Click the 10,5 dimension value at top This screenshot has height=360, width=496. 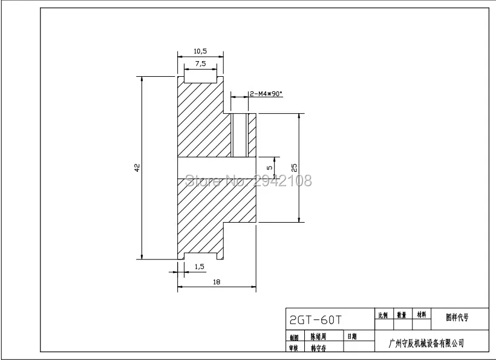click(200, 51)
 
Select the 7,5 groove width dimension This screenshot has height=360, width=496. click(200, 64)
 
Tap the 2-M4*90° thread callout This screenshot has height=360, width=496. click(266, 94)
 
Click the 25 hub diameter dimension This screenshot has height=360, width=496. click(294, 168)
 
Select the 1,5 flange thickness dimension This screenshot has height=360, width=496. click(199, 266)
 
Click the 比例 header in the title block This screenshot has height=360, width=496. click(383, 315)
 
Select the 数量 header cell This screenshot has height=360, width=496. click(402, 315)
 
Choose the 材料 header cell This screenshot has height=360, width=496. click(421, 315)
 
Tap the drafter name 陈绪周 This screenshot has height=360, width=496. click(319, 336)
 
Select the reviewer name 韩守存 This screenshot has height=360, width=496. click(319, 347)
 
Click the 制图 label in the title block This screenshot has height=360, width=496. click(294, 337)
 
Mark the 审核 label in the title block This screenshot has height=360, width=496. click(294, 348)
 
